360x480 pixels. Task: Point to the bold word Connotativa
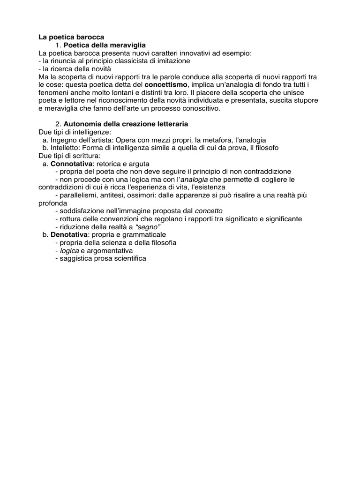pos(71,164)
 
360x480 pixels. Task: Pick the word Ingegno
pos(63,140)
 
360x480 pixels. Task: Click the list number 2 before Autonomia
pos(58,124)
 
